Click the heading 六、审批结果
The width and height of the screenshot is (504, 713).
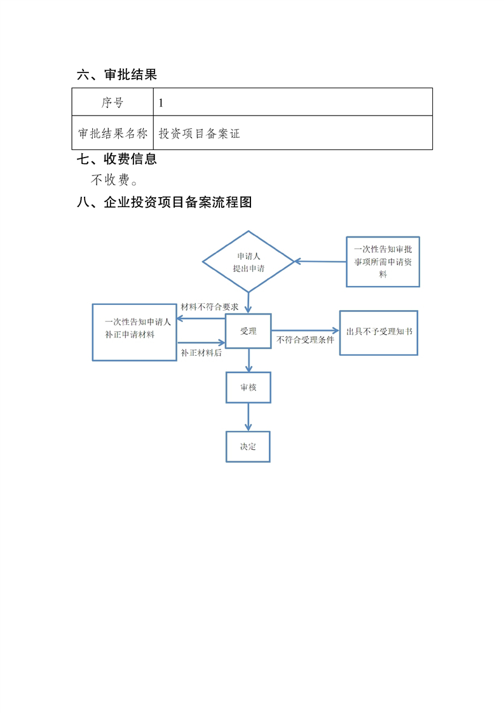(116, 75)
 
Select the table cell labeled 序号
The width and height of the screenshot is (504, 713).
(112, 102)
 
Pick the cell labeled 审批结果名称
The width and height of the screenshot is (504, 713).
(112, 133)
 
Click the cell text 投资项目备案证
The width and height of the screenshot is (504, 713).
(200, 133)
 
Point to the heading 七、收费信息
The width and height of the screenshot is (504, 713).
(116, 159)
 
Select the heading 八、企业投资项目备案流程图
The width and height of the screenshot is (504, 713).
(165, 202)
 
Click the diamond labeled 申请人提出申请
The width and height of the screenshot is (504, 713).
(248, 262)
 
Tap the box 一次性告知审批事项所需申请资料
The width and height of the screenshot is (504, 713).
(383, 262)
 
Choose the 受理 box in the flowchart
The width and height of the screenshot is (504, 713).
(248, 331)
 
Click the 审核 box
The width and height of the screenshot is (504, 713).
(248, 387)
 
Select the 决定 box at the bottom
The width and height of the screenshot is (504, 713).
(248, 446)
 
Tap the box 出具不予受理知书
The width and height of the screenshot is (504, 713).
(379, 332)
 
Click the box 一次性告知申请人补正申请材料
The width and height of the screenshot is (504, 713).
(134, 332)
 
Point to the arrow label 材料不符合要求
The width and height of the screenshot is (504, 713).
(210, 306)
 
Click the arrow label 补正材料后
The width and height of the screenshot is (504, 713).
(201, 353)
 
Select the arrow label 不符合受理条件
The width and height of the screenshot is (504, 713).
(305, 341)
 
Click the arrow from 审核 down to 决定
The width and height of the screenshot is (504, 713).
(248, 417)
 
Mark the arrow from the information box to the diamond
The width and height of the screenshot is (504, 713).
(320, 261)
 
